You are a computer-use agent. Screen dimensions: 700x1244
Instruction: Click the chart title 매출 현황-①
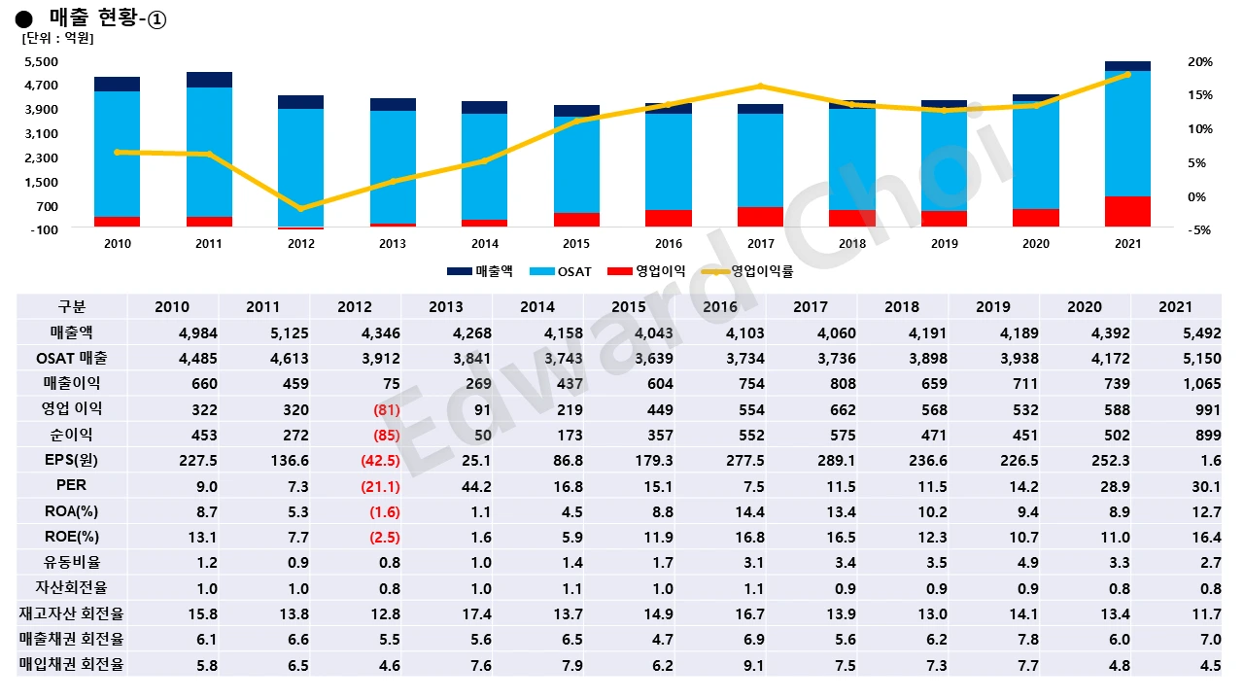[108, 18]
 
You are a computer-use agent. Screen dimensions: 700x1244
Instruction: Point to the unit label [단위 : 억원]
[58, 39]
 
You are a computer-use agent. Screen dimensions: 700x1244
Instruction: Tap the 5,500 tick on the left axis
[41, 61]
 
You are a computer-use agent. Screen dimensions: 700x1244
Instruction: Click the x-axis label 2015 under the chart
[576, 244]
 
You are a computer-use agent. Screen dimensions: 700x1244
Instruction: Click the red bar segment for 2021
[1127, 212]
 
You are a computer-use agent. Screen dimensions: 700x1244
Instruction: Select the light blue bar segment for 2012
[300, 167]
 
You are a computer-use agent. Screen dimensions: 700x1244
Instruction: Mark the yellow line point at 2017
[760, 87]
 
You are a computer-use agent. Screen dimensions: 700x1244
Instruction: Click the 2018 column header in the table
[902, 307]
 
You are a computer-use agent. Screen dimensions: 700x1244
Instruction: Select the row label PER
[72, 485]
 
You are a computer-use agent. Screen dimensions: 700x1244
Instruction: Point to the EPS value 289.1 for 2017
[811, 460]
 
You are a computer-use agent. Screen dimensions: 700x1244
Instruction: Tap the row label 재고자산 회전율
[72, 613]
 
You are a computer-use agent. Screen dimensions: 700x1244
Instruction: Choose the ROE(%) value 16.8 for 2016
[720, 536]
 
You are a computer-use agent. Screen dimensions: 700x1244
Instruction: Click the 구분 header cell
[72, 307]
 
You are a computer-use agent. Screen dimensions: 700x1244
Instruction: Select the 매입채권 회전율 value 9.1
[720, 666]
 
